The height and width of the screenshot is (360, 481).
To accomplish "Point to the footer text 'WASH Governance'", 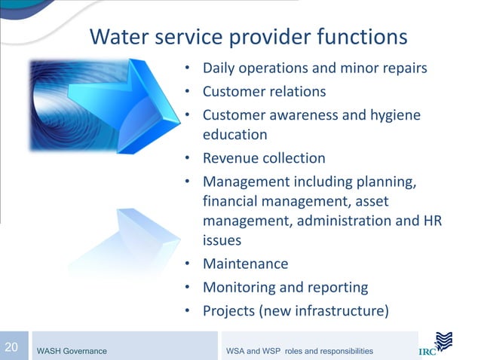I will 72,351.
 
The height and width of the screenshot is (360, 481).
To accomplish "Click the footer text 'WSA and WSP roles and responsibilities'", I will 299,351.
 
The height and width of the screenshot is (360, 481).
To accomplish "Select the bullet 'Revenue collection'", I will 264,158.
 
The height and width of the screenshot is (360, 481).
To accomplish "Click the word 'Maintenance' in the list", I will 245,264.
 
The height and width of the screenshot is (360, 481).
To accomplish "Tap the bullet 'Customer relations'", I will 264,91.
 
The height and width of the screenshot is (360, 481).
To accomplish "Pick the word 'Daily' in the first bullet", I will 219,69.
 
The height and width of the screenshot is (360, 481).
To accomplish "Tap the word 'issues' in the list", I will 222,241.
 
